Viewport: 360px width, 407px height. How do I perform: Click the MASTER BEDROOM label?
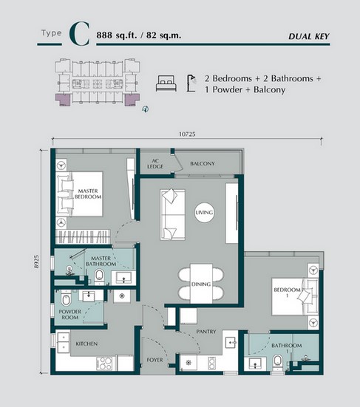point(88,194)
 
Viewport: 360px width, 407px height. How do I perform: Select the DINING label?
point(200,284)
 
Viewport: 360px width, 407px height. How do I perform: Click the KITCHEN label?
point(87,344)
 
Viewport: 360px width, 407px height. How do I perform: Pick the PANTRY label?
point(206,332)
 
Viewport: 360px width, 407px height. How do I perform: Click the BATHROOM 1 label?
point(285,348)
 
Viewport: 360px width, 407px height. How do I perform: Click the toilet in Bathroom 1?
point(276,362)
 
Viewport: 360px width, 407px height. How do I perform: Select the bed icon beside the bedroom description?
point(166,83)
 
